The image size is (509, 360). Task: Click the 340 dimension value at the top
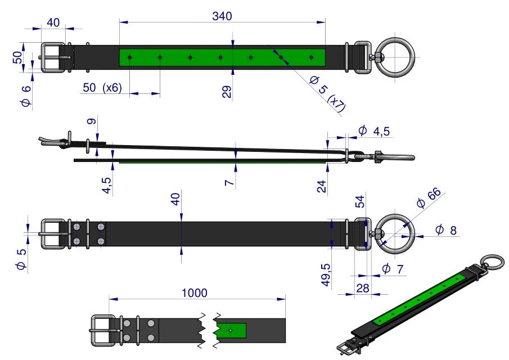222,16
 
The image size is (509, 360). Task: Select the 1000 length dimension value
194,293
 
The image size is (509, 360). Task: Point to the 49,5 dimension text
326,275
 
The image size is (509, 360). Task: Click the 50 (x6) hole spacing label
102,88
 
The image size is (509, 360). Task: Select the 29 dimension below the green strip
227,92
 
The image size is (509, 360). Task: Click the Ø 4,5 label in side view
374,131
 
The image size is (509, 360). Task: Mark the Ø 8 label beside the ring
446,230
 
